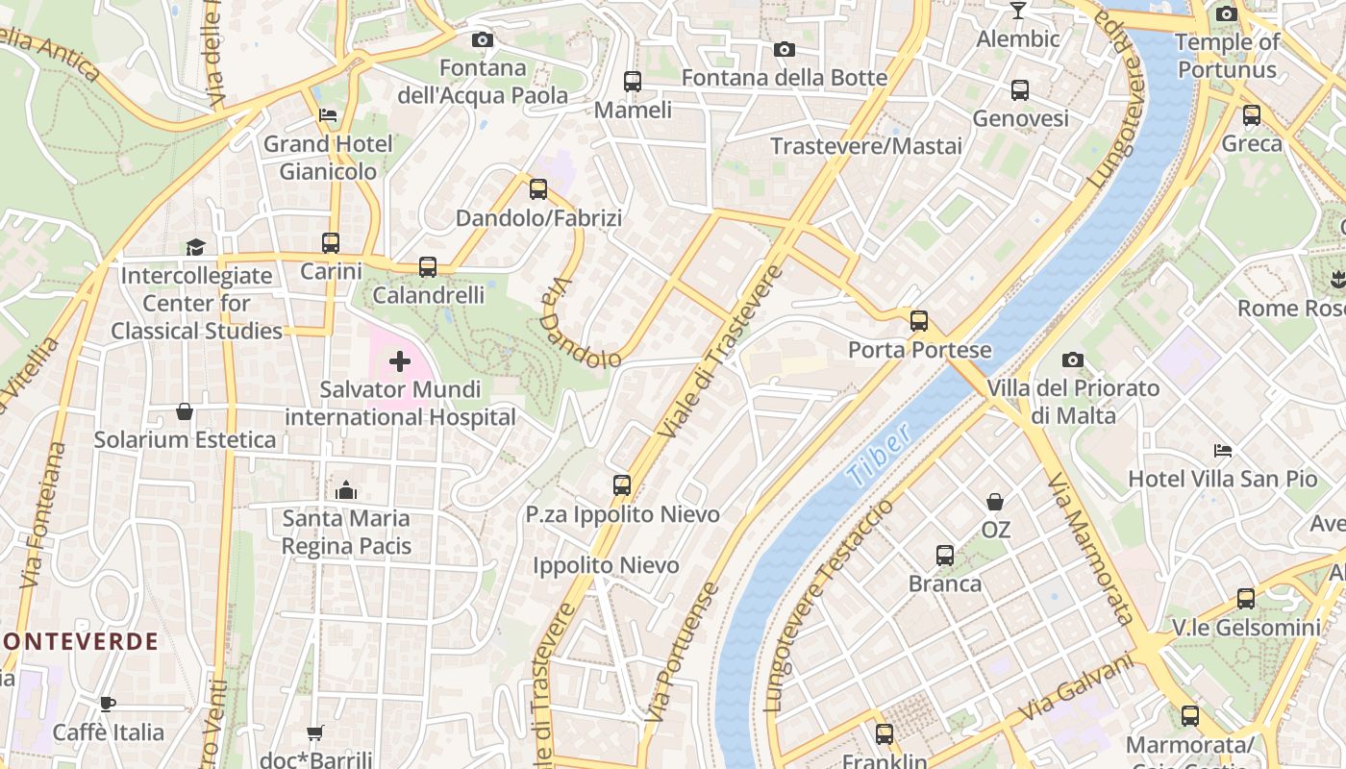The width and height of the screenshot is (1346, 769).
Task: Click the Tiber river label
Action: [879, 456]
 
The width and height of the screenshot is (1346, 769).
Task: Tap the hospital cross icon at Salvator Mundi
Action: [399, 362]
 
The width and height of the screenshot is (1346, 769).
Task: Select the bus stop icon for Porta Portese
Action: [919, 321]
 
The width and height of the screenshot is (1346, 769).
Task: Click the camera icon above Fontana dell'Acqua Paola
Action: [483, 39]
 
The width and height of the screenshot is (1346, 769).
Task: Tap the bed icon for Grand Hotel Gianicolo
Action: [328, 115]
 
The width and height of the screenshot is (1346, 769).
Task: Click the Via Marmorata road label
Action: [1091, 548]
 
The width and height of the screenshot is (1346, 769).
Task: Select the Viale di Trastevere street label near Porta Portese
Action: [720, 352]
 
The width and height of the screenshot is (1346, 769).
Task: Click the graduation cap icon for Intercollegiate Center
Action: [196, 247]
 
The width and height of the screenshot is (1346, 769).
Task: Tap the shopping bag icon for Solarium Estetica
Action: [185, 411]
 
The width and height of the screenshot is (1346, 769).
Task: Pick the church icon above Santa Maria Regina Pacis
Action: [346, 490]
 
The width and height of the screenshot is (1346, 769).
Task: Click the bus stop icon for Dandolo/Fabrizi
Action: [538, 189]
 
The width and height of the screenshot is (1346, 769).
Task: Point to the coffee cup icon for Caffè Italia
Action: [108, 704]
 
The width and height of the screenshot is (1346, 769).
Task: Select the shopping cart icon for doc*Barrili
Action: [315, 732]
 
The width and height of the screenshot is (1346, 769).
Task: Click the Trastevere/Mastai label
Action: [866, 146]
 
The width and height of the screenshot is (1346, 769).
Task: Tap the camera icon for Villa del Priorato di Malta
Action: [1073, 360]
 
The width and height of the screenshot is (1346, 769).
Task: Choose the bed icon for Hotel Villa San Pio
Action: [1222, 450]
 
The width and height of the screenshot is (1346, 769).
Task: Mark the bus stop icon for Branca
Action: [945, 555]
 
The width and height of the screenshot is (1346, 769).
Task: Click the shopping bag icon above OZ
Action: [995, 502]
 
